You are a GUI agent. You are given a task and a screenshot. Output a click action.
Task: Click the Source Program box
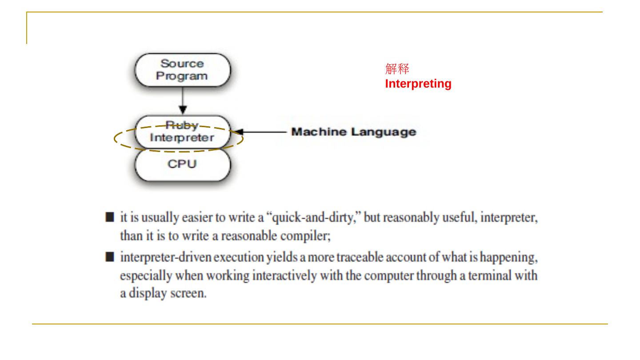pyautogui.click(x=182, y=70)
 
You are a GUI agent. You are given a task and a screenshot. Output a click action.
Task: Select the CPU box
pyautogui.click(x=182, y=164)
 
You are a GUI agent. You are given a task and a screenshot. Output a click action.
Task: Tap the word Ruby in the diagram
pyautogui.click(x=181, y=125)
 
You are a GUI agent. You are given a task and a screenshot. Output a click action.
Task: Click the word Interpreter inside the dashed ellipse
pyautogui.click(x=182, y=137)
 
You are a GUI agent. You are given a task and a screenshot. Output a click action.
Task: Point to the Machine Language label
pyautogui.click(x=353, y=132)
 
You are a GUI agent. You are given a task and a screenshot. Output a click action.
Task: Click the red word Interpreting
pyautogui.click(x=418, y=84)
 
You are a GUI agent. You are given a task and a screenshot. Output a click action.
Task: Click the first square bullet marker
pyautogui.click(x=109, y=219)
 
